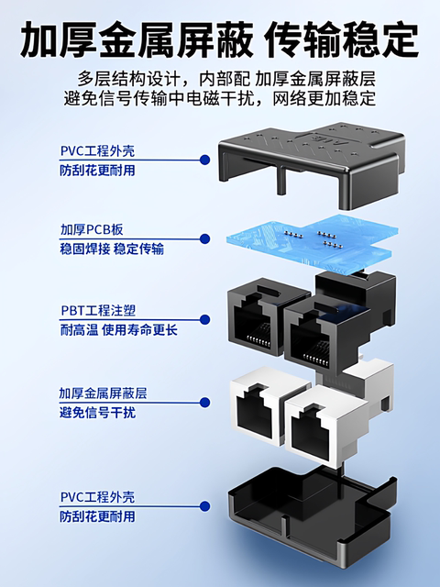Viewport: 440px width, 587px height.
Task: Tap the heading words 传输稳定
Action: (341, 39)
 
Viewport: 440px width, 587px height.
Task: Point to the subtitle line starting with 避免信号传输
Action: (220, 97)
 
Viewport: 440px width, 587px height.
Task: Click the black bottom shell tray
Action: (302, 514)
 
